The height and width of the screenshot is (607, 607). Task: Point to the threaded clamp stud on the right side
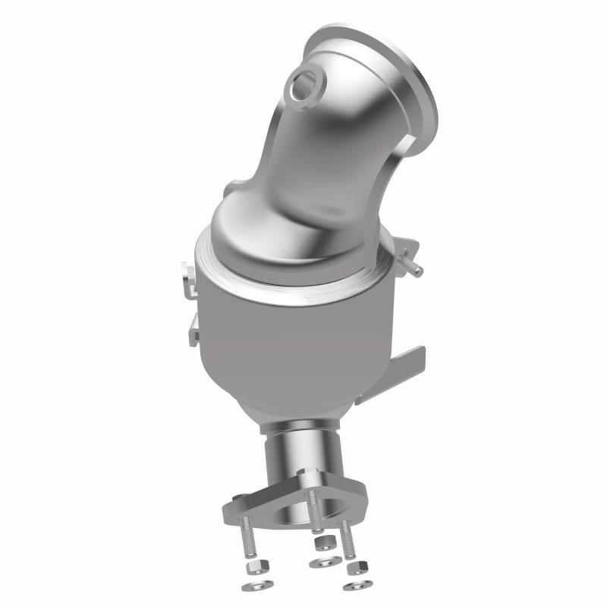[x=410, y=265]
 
